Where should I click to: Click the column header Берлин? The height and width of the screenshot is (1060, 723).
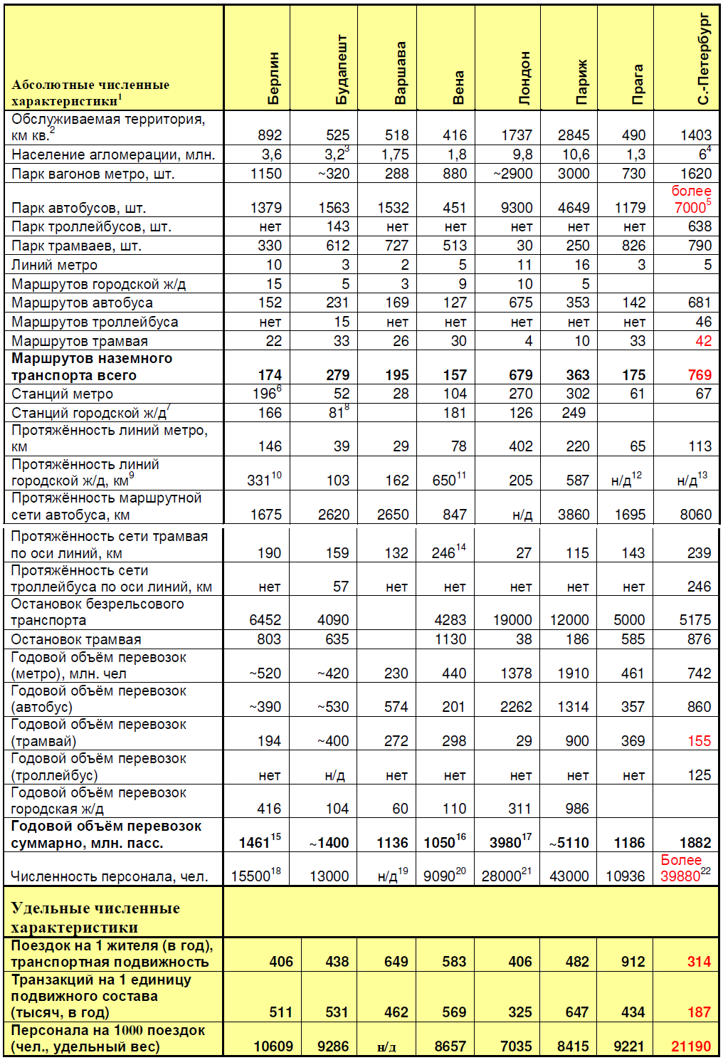click(274, 78)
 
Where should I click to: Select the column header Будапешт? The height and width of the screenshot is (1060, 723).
click(342, 70)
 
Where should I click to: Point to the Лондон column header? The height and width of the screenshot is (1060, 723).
click(524, 78)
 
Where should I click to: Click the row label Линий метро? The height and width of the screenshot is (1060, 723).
click(55, 265)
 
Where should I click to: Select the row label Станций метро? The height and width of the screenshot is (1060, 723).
click(62, 394)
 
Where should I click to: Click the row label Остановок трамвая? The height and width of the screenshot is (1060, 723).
click(76, 639)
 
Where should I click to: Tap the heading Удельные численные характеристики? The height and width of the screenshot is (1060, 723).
click(95, 917)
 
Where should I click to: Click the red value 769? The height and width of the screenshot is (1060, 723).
click(700, 375)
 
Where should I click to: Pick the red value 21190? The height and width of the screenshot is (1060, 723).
click(691, 1046)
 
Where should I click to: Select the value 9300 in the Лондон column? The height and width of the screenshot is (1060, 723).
click(517, 208)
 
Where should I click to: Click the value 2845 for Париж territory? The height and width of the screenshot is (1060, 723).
click(574, 135)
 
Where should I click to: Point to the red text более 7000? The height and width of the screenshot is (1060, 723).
click(692, 199)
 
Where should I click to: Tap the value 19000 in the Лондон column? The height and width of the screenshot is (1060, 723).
click(512, 620)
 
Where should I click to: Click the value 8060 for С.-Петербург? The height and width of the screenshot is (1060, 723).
click(695, 515)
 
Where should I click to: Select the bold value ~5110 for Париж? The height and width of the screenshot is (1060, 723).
click(569, 843)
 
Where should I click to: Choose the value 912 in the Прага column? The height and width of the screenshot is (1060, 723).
click(633, 962)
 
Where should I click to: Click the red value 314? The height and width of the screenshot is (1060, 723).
click(699, 962)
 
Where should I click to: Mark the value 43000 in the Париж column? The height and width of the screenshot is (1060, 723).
click(569, 876)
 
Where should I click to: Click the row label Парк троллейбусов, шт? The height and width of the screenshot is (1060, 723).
click(91, 226)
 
